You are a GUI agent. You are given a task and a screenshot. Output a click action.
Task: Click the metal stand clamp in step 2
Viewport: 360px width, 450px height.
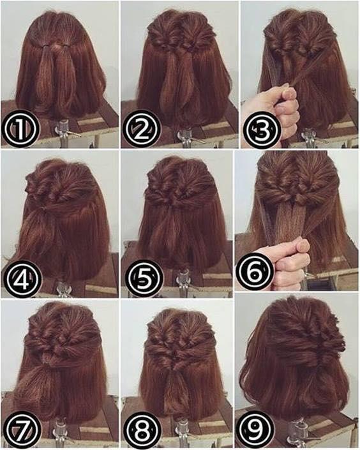(185, 134)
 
